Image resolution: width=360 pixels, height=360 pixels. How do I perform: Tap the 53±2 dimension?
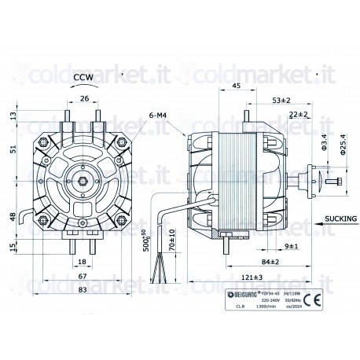[x=281, y=101]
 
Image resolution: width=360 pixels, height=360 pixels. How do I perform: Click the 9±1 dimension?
[x=291, y=246]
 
